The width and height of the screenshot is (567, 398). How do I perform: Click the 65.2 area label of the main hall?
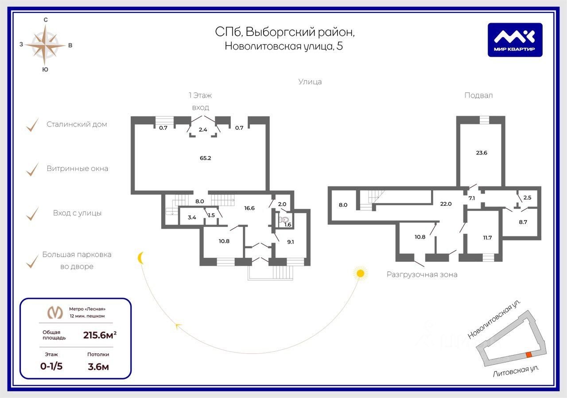(x=206, y=158)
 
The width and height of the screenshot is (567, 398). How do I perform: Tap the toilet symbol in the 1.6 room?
(x=284, y=220)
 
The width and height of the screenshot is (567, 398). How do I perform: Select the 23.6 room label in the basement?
(x=482, y=153)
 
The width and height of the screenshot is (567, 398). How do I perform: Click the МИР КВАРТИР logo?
(x=515, y=40)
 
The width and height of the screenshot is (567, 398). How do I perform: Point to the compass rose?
(x=46, y=44)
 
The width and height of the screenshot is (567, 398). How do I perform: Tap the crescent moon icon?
(x=141, y=258)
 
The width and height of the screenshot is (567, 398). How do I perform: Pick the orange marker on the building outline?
(x=528, y=355)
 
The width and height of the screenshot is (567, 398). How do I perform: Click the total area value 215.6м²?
(x=100, y=335)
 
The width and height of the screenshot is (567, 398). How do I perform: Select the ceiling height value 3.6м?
(x=98, y=367)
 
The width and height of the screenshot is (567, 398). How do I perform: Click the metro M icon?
(x=55, y=313)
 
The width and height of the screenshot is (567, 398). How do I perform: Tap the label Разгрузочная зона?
(x=422, y=274)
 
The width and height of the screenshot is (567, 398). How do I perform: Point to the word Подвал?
(x=478, y=95)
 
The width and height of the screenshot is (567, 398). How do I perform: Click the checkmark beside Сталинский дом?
(x=31, y=126)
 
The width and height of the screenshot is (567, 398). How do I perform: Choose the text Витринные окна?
(x=77, y=169)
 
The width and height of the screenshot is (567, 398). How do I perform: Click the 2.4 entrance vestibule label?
(x=203, y=130)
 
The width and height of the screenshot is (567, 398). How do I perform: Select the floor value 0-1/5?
(x=51, y=367)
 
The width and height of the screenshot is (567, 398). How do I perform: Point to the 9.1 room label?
(x=291, y=242)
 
